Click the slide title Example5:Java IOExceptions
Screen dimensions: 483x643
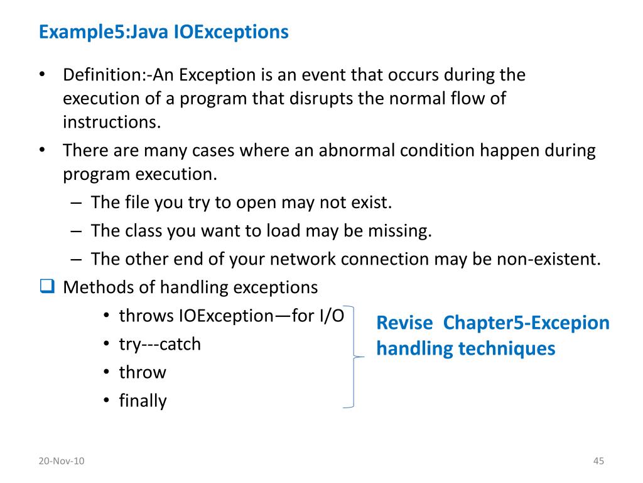pyautogui.click(x=163, y=32)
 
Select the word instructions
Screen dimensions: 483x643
pyautogui.click(x=112, y=121)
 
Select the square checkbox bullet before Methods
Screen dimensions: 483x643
pyautogui.click(x=47, y=287)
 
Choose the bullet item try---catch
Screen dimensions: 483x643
pyautogui.click(x=159, y=345)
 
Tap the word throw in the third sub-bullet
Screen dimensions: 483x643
pyautogui.click(x=143, y=373)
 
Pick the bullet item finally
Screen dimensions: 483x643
pyautogui.click(x=143, y=401)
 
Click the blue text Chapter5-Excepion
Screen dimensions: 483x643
pyautogui.click(x=526, y=323)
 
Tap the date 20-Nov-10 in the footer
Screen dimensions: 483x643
pyautogui.click(x=61, y=462)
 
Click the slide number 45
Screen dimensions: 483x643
pyautogui.click(x=598, y=462)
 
